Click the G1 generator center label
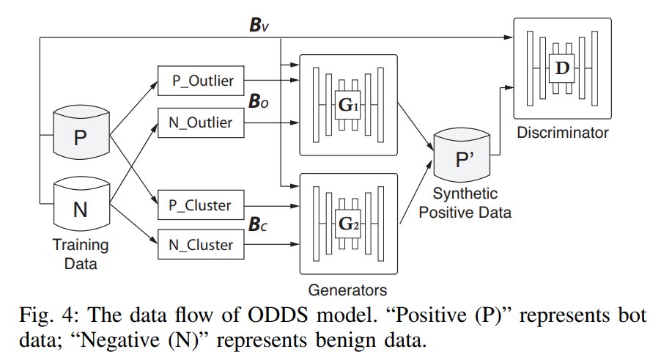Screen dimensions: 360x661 coord(347,105)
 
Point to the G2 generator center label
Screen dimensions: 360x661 coord(347,224)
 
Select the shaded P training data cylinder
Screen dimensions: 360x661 coord(81,136)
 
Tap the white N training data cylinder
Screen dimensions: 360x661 coord(81,209)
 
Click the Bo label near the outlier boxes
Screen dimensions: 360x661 coord(258,103)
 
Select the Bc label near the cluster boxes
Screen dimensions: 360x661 coord(258,224)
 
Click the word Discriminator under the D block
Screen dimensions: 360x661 coord(562,133)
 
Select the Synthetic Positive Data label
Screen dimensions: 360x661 coord(469,203)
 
